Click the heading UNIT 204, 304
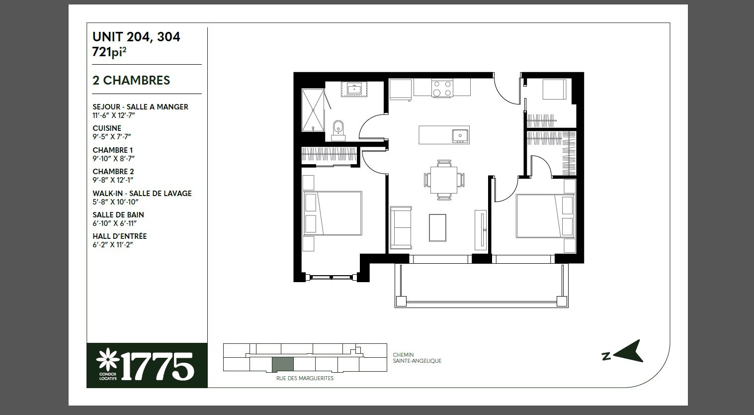tap(136, 37)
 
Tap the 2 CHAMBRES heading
tap(131, 80)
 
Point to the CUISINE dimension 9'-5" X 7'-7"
tap(112, 136)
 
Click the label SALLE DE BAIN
tap(118, 215)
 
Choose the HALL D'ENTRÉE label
tap(119, 236)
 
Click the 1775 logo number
tap(158, 366)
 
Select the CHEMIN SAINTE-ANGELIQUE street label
tap(417, 358)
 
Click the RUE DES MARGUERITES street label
tap(305, 378)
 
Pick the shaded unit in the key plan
tap(283, 364)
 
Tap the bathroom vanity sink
tap(354, 90)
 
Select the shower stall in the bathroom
tap(313, 110)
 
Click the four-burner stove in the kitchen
tap(442, 89)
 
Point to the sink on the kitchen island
tap(460, 135)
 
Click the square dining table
tap(444, 180)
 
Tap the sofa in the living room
tap(401, 227)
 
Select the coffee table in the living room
tap(437, 228)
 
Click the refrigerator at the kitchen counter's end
tap(401, 90)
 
